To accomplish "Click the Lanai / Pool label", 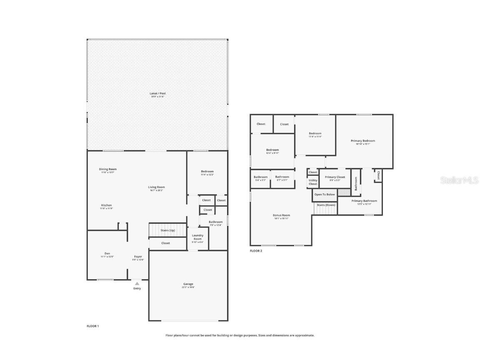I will (157, 94).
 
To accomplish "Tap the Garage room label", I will (187, 284).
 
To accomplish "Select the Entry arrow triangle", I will (137, 283).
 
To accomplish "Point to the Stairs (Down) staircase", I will (325, 208).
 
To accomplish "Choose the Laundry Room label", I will (197, 237).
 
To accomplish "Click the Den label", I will (107, 253).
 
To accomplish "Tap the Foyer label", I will (138, 257).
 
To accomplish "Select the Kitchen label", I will (106, 205).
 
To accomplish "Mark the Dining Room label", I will (108, 169).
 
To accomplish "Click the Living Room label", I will (157, 187).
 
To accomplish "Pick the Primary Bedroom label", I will (362, 141).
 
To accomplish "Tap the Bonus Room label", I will (282, 215).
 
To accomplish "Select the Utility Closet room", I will (313, 182).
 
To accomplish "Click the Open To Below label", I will (325, 195).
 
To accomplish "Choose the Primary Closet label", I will (335, 177).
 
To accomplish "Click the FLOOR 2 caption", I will (256, 251).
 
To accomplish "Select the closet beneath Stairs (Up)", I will (165, 243).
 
